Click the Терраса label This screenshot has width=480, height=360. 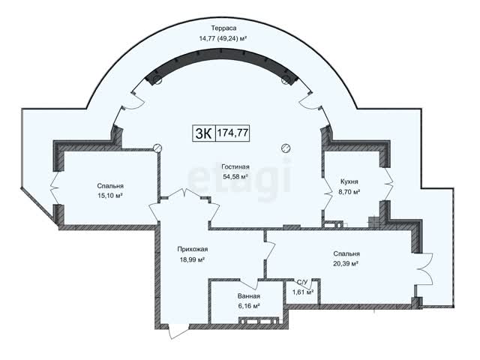click(x=223, y=28)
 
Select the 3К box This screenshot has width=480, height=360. click(x=204, y=133)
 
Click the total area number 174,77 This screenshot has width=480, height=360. click(x=232, y=133)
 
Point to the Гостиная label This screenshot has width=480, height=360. click(x=235, y=166)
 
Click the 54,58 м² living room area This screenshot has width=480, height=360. click(x=235, y=177)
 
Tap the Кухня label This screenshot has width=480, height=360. click(x=349, y=181)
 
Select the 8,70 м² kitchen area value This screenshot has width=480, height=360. click(x=349, y=192)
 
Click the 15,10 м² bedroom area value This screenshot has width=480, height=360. click(x=110, y=196)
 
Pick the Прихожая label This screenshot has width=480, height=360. click(x=192, y=249)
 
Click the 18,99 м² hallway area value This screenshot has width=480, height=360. click(x=192, y=259)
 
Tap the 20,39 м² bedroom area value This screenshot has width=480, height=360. click(x=346, y=263)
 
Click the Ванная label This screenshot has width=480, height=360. click(x=249, y=296)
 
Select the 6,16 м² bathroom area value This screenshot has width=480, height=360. click(x=249, y=306)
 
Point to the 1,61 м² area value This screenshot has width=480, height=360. click(x=303, y=292)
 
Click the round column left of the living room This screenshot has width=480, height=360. click(x=157, y=148)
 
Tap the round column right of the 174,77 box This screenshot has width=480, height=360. click(x=286, y=148)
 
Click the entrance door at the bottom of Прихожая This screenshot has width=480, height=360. click(x=178, y=331)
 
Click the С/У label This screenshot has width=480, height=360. click(x=301, y=282)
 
